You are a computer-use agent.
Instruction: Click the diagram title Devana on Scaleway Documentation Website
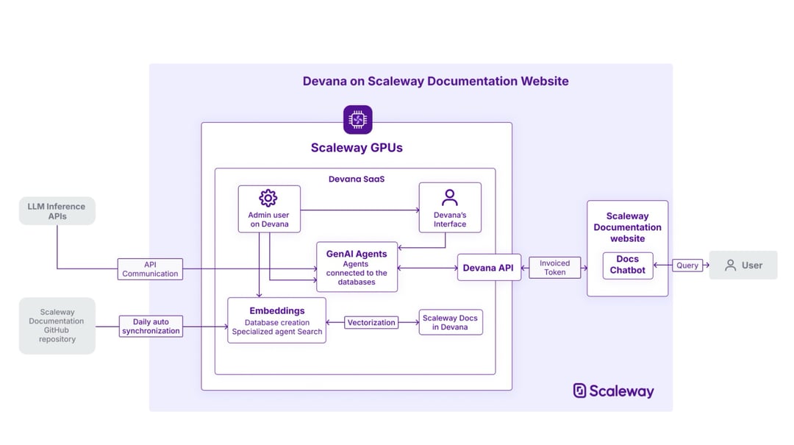coord(435,81)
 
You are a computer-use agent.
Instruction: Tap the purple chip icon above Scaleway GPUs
coord(357,119)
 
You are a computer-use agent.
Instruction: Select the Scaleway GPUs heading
coord(357,147)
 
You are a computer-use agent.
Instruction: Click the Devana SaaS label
coord(357,179)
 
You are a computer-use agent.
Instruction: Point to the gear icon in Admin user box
coord(268,198)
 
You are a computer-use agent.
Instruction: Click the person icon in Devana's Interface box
coord(450,197)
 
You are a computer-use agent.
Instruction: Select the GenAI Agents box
coord(357,267)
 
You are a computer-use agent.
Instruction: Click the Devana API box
coord(488,268)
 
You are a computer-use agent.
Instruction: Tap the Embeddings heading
coord(276,310)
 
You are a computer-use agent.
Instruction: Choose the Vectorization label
coord(371,322)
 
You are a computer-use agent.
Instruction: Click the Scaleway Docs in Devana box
coord(450,322)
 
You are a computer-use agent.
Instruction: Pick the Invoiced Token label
coord(554,268)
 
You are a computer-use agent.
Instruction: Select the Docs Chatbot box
coord(627,265)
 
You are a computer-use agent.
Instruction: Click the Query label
coord(687,266)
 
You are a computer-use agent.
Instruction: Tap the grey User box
coord(743,266)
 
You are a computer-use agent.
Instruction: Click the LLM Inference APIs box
coord(57,211)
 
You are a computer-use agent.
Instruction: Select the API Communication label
coord(150,269)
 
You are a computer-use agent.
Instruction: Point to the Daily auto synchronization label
coord(151,327)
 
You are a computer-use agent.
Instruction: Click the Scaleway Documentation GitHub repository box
coord(57,326)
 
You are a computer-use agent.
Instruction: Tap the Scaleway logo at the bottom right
coord(613,391)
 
